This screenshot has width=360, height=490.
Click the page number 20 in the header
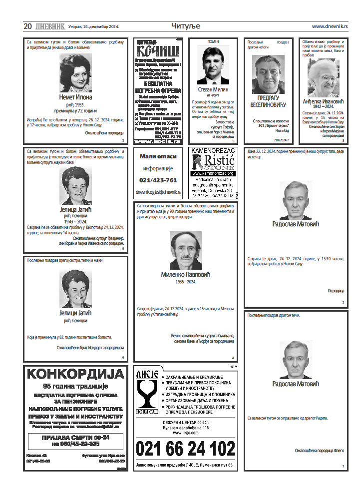[27, 26]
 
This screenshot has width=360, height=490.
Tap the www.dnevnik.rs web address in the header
[330, 26]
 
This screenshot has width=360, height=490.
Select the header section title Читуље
[185, 26]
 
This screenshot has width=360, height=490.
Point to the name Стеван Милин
[213, 89]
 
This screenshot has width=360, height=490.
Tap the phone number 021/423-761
[158, 180]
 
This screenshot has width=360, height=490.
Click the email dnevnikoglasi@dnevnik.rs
[158, 192]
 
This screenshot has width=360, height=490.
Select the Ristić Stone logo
[213, 161]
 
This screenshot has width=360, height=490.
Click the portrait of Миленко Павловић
[185, 250]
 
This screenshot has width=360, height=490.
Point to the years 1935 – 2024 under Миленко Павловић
[185, 282]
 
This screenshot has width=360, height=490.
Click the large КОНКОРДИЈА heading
[75, 374]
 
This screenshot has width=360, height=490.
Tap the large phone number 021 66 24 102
[185, 449]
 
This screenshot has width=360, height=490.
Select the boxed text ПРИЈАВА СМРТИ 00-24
[75, 437]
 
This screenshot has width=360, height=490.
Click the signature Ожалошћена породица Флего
[319, 450]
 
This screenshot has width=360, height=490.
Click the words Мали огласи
[158, 156]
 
